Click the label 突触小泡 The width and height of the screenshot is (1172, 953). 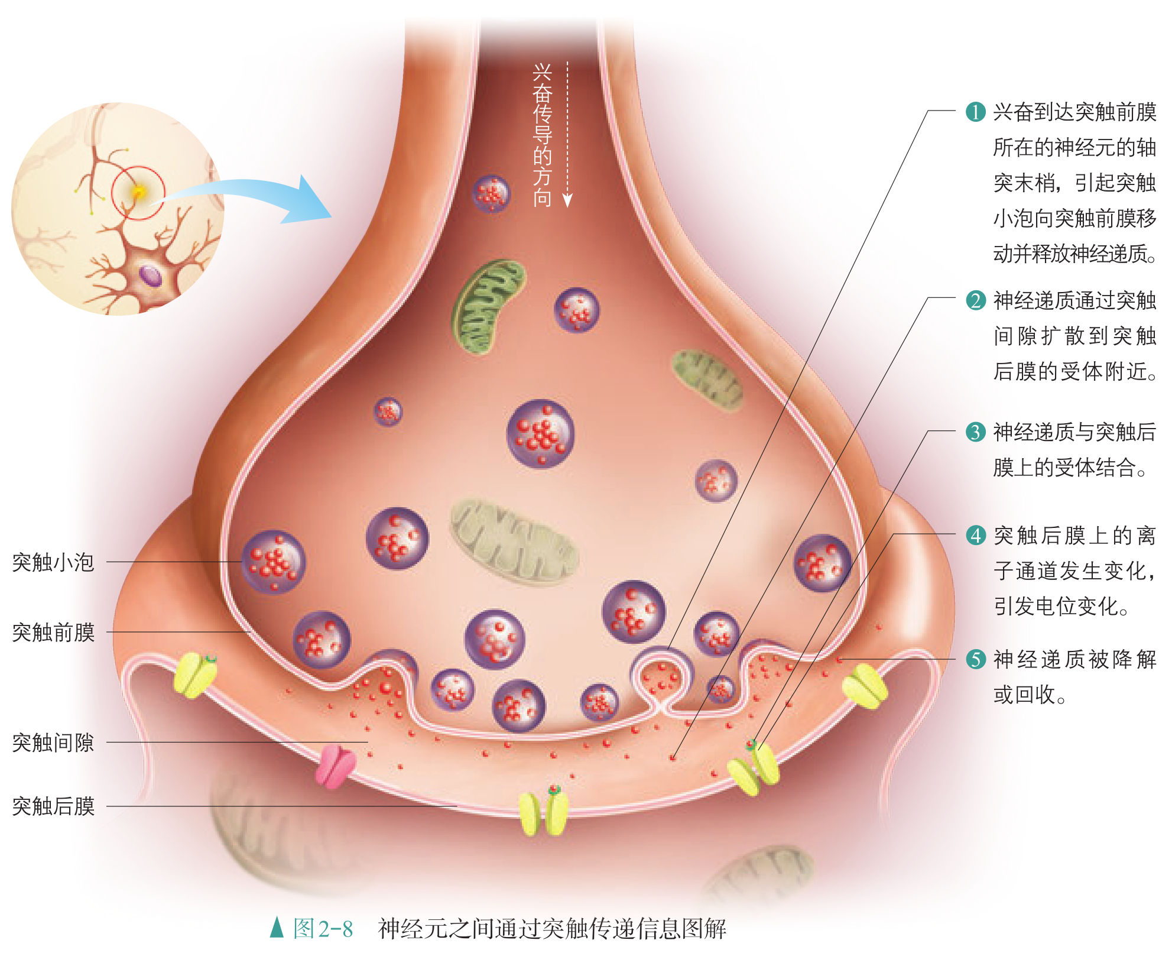[x=53, y=562]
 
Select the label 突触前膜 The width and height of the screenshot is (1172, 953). [x=53, y=633]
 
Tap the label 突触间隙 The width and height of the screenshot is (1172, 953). [x=53, y=743]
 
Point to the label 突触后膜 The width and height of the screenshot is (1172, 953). [x=53, y=806]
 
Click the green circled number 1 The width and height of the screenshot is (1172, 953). [x=975, y=112]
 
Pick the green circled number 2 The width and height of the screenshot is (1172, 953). [x=975, y=300]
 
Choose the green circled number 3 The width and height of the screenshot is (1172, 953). [x=975, y=432]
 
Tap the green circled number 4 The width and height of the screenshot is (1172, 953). [x=975, y=535]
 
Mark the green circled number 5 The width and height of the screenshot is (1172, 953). [x=975, y=659]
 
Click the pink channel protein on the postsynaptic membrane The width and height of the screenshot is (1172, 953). [x=335, y=766]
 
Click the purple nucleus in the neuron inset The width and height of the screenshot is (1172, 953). [x=150, y=275]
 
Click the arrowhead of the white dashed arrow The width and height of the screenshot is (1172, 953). [x=567, y=201]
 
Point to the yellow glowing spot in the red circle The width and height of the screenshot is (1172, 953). [x=139, y=192]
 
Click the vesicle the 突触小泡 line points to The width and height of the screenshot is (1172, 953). [x=273, y=562]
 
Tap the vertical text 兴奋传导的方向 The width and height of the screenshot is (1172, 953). [x=542, y=136]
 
